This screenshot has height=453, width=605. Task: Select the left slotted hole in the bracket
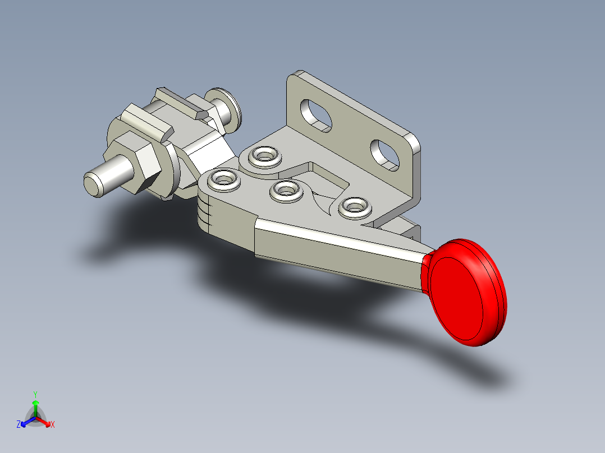314,114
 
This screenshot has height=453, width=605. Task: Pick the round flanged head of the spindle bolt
224,106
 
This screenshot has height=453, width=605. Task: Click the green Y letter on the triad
35,394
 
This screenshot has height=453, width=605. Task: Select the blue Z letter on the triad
19,424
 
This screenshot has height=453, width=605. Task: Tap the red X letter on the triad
53,425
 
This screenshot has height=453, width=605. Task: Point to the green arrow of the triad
35,406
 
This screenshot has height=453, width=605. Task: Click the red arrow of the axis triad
45,421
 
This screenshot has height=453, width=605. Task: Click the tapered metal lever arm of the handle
337,247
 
